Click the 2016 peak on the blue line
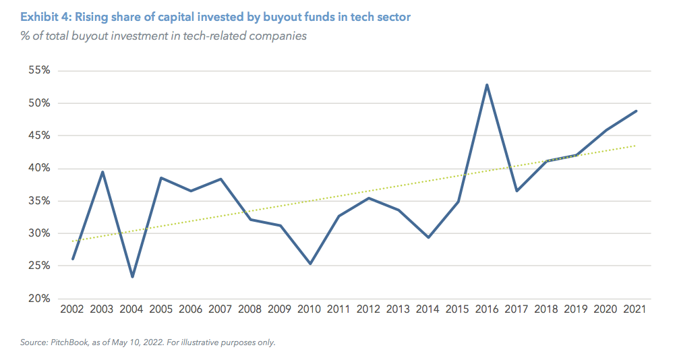click(x=487, y=85)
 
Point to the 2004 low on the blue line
click(x=132, y=276)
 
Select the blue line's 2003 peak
click(x=102, y=172)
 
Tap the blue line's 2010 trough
click(x=310, y=264)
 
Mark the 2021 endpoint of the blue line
click(x=636, y=111)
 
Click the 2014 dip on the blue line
click(x=428, y=237)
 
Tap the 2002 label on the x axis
click(x=73, y=309)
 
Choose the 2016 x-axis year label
click(x=487, y=309)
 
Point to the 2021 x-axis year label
click(x=635, y=309)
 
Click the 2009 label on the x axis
click(x=280, y=309)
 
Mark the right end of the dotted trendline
click(x=636, y=146)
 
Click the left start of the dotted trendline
click(x=73, y=241)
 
